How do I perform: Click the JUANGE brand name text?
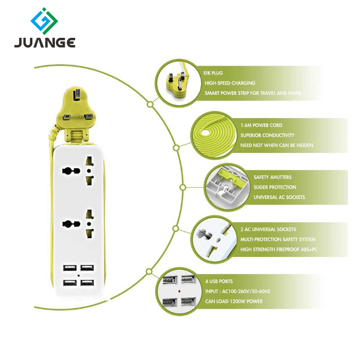tap(44, 43)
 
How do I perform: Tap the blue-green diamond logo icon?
tap(45, 20)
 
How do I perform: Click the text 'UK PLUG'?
tap(214, 73)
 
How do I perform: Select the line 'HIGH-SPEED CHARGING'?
tap(230, 83)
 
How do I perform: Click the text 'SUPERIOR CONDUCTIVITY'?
tap(267, 135)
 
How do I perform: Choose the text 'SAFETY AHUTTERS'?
tap(273, 177)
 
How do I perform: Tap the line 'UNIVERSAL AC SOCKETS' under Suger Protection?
tap(279, 197)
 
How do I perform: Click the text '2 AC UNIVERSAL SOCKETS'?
tap(268, 229)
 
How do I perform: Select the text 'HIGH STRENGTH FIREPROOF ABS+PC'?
tap(279, 249)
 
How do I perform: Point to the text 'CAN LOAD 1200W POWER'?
tap(234, 301)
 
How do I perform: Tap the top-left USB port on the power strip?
tap(70, 268)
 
